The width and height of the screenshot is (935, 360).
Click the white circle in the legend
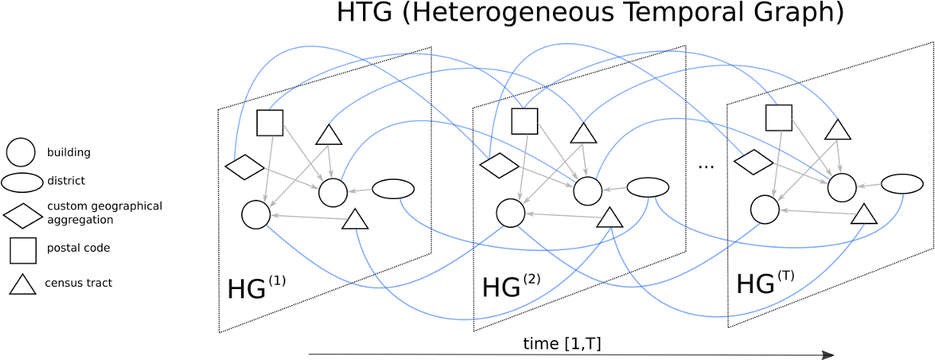pyautogui.click(x=21, y=153)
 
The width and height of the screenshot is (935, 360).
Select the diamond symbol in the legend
pyautogui.click(x=23, y=216)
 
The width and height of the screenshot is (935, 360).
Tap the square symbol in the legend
pyautogui.click(x=23, y=250)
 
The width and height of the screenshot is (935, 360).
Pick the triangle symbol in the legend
pyautogui.click(x=22, y=285)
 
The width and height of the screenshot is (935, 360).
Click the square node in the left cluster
pyautogui.click(x=270, y=123)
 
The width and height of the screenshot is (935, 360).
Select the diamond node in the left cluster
pyautogui.click(x=245, y=167)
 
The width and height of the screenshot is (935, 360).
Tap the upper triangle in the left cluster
pyautogui.click(x=329, y=136)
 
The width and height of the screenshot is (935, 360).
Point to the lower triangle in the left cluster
pyautogui.click(x=355, y=220)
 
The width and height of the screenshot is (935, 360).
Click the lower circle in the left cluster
pyautogui.click(x=256, y=215)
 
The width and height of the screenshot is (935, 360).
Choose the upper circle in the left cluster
pyautogui.click(x=333, y=193)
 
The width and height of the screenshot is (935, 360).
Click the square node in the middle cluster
pyautogui.click(x=525, y=121)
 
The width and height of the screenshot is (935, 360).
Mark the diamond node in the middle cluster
pyautogui.click(x=500, y=166)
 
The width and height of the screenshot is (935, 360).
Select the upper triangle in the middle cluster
pyautogui.click(x=583, y=134)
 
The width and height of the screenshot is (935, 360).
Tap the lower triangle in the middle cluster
pyautogui.click(x=610, y=219)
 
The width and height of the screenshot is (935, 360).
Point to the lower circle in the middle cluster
pyautogui.click(x=511, y=214)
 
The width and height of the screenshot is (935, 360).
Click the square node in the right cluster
pyautogui.click(x=779, y=118)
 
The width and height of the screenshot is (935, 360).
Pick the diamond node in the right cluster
pyautogui.click(x=753, y=162)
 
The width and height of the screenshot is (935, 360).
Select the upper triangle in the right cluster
pyautogui.click(x=838, y=130)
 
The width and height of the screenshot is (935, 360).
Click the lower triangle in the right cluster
pyautogui.click(x=864, y=215)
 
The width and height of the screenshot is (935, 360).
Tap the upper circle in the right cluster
pyautogui.click(x=842, y=188)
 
